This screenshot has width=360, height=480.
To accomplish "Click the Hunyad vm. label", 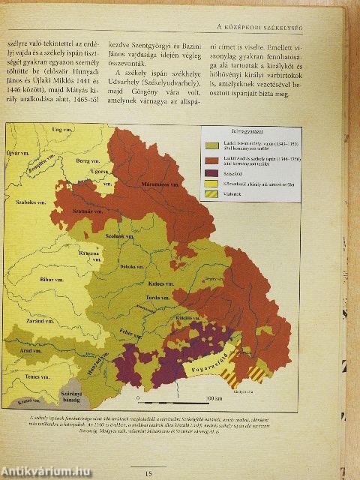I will point(91,370).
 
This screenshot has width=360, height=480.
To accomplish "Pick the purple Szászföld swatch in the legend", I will point(213,174).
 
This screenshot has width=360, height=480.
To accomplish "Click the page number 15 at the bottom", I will point(148,472).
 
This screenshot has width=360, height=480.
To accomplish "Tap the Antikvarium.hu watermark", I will point(45,469).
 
